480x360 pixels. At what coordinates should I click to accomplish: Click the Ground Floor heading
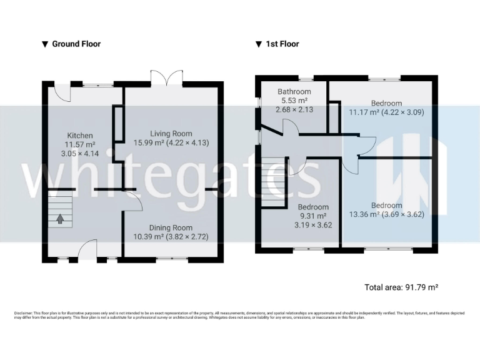tap(76, 44)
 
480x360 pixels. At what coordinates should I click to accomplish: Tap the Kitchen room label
tap(80, 136)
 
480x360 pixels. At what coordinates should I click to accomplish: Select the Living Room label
tap(171, 133)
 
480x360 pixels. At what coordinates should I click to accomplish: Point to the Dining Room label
tap(171, 227)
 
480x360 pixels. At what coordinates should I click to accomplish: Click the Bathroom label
tap(294, 91)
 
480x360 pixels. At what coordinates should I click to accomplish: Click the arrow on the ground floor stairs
tap(61, 219)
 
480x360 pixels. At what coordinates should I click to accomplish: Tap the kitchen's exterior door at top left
tap(61, 93)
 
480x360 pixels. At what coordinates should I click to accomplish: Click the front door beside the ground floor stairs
tap(87, 248)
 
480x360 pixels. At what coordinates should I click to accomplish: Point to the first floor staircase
tap(272, 176)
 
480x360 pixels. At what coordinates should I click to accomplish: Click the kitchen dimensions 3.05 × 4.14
tap(80, 153)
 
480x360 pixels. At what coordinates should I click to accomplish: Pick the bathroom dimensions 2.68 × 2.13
tap(294, 109)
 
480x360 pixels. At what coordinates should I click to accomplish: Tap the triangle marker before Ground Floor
tap(44, 44)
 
